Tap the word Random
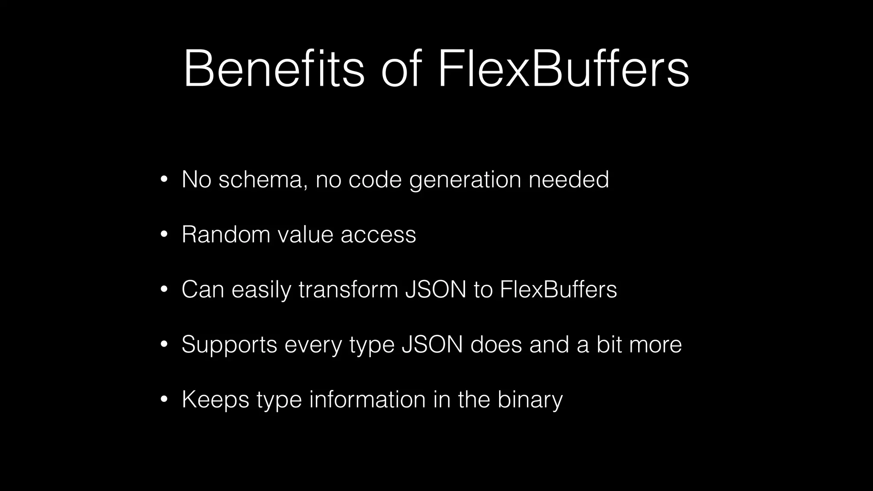[226, 234]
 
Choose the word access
[378, 235]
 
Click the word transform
[348, 289]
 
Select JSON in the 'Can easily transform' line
[436, 289]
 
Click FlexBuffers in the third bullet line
[558, 289]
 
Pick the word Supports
[229, 345]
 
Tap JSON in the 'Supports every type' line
[432, 344]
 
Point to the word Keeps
[215, 400]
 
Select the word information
[367, 399]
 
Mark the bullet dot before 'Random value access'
[164, 234]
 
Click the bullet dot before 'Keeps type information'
[164, 400]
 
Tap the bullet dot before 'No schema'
[164, 179]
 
